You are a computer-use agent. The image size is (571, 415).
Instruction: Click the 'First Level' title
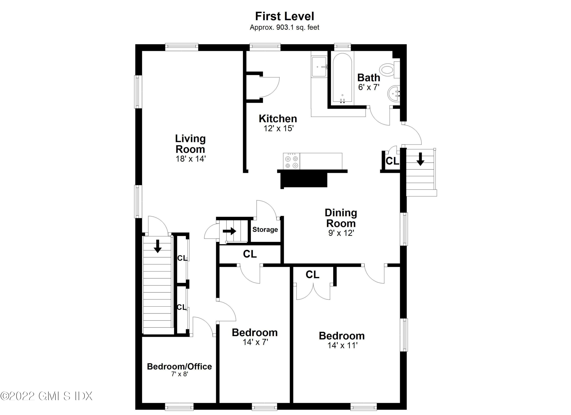click(285, 16)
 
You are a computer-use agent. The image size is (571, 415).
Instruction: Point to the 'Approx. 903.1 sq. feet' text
click(285, 27)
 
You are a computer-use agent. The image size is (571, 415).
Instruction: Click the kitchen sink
click(319, 67)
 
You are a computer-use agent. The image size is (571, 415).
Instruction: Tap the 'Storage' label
click(265, 229)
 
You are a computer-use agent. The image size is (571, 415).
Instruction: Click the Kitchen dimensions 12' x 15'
click(278, 129)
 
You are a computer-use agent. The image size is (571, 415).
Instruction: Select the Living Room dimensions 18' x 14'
click(191, 159)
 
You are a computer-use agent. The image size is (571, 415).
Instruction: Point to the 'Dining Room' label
click(341, 218)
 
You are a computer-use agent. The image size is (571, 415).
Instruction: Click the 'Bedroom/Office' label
click(179, 366)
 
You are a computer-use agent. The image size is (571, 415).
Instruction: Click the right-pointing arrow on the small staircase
click(229, 231)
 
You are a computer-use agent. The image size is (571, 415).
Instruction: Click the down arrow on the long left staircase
click(158, 246)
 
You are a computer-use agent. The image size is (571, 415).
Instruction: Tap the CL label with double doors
click(313, 275)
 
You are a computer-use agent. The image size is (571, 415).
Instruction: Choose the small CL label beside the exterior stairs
click(392, 161)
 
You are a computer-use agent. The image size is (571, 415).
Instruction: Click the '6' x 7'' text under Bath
click(369, 87)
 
